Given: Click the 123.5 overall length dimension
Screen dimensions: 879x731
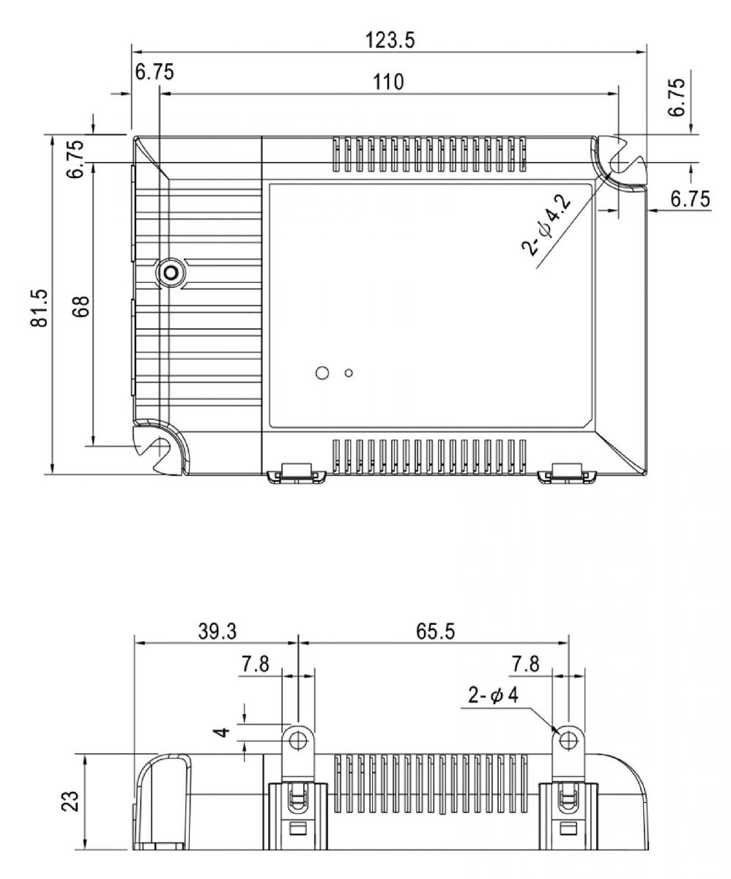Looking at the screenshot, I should (x=390, y=40).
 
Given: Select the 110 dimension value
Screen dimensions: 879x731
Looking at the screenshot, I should (x=388, y=81).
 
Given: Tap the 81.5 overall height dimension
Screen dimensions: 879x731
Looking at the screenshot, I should (x=40, y=307).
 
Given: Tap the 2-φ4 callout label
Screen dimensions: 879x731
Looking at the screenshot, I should (x=494, y=694).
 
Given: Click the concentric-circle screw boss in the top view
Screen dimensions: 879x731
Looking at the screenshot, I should (x=171, y=273).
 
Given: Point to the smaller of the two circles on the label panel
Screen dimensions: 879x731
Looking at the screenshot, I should (x=349, y=374).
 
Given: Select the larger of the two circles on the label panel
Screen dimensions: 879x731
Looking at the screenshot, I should (x=321, y=373).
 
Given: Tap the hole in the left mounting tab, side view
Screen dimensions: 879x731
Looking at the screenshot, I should (x=297, y=741).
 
